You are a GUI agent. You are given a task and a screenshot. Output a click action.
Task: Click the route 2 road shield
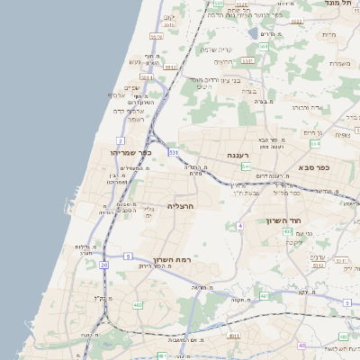[x=120, y=141]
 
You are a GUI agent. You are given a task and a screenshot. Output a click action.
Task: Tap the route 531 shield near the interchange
[x=173, y=153]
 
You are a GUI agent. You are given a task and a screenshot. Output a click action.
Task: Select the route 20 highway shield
[x=104, y=265]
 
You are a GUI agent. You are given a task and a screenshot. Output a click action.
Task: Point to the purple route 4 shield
[x=240, y=225]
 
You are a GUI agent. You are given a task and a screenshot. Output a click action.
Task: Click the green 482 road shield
[x=138, y=306]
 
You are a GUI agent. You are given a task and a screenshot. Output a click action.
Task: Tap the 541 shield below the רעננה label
[x=245, y=166]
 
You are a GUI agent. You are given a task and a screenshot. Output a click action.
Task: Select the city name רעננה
[x=237, y=156]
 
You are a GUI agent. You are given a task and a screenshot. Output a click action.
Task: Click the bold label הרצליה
[x=181, y=206]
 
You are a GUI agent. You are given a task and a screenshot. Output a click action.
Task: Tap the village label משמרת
[x=340, y=63]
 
